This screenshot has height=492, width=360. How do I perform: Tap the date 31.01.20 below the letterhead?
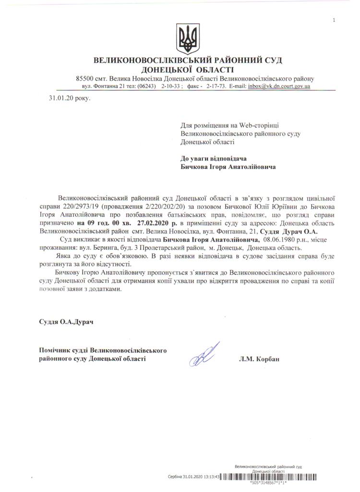(x=59, y=98)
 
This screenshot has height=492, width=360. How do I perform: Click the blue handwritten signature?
(x=204, y=356)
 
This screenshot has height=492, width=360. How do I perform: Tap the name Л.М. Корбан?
(x=257, y=359)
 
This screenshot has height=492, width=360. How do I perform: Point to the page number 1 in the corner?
(x=333, y=20)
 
